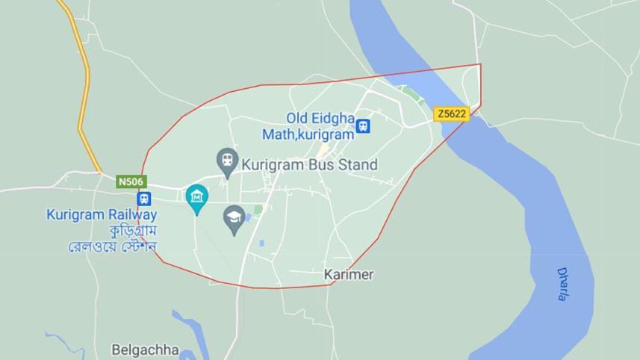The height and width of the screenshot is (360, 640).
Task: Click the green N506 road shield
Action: [131, 181]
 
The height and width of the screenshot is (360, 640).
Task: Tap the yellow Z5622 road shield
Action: [451, 114]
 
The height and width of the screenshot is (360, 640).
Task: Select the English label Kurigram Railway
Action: [102, 215]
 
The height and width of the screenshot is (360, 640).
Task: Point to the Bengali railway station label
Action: [111, 238]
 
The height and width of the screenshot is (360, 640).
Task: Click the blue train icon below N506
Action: [143, 199]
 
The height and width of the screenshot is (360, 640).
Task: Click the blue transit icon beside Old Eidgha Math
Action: [363, 126]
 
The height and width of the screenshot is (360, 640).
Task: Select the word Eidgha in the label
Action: [332, 118]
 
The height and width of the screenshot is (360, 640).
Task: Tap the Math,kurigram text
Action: [307, 134]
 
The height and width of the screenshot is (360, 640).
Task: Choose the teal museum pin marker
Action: [196, 197]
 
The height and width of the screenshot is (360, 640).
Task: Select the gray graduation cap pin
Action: [234, 218]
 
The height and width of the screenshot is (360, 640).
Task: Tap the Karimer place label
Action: [349, 275]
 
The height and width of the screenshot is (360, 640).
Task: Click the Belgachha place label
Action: [145, 350]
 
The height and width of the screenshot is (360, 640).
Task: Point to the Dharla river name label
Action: [562, 284]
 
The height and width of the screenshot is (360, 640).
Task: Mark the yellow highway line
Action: [87, 90]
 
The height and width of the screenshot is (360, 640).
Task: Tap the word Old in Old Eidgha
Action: [298, 118]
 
